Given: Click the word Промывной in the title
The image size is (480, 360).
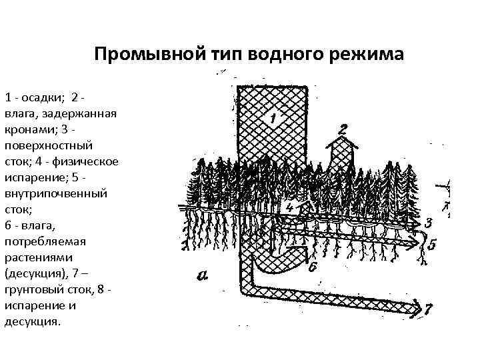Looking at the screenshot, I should coord(132,53).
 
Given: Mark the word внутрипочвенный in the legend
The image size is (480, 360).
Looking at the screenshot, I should coord(55,193).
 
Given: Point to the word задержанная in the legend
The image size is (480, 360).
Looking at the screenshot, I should coord(73,113).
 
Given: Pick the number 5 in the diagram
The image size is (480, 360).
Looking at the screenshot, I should coord(432,245).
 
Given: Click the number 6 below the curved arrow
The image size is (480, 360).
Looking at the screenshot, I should coord(313,267).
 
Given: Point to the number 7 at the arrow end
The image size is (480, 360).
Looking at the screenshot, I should coord(427,309).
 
